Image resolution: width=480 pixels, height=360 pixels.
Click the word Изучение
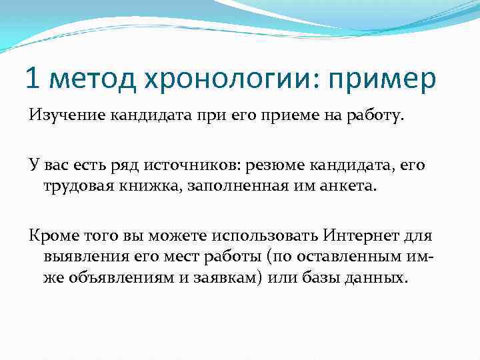pyautogui.click(x=58, y=118)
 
